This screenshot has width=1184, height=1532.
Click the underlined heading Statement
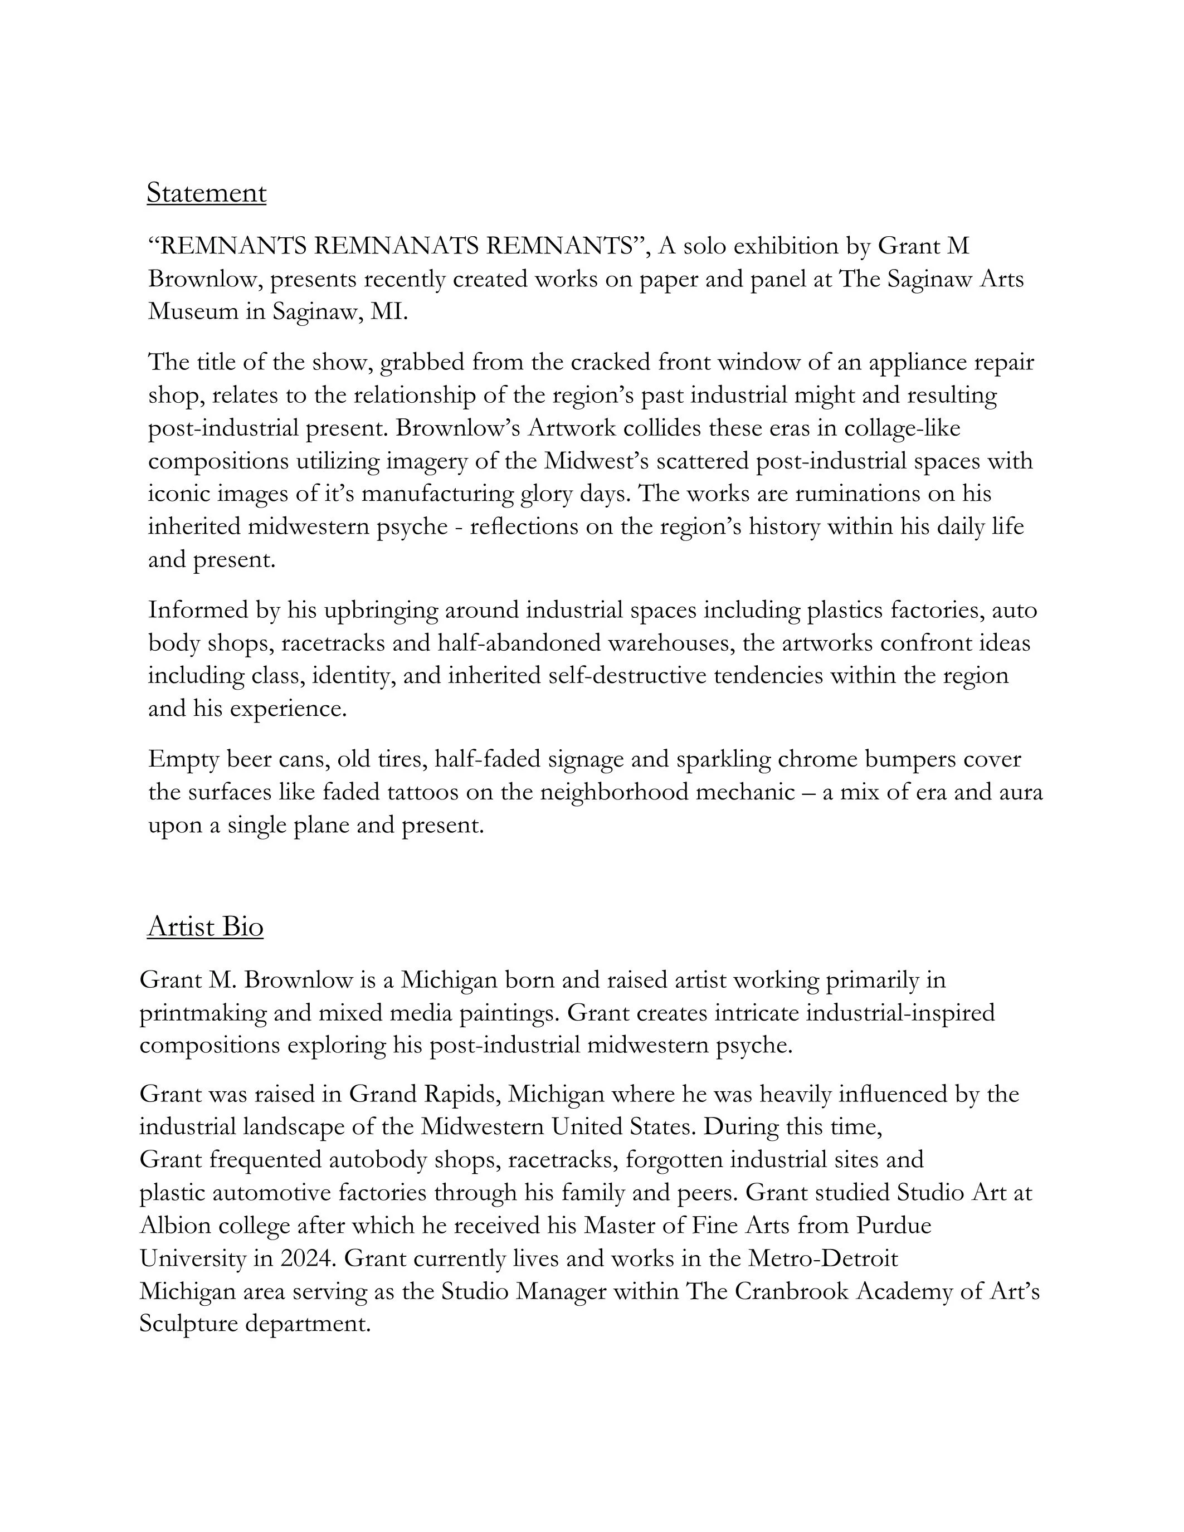206,193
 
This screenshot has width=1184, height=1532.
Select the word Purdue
894,1226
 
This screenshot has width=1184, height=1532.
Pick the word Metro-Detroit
823,1258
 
